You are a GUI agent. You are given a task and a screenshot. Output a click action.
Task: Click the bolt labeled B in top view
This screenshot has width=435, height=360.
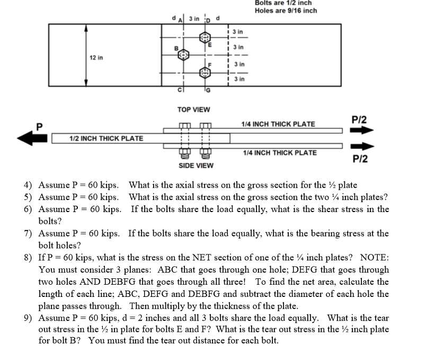[183, 55]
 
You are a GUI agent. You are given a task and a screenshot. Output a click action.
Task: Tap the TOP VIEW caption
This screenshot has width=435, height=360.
[193, 110]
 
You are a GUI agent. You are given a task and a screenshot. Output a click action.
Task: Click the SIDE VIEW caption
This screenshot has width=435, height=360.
[196, 165]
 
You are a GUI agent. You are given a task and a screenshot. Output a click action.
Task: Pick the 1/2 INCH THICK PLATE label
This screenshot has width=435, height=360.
[106, 138]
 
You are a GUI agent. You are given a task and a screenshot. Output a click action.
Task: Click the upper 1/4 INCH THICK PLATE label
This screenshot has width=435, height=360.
[278, 124]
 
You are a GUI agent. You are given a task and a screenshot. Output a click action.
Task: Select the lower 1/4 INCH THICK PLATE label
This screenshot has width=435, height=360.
[280, 153]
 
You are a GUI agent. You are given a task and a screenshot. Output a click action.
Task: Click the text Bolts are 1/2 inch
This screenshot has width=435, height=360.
[283, 3]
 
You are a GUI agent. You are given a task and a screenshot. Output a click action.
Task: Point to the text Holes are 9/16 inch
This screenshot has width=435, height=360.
[286, 11]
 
